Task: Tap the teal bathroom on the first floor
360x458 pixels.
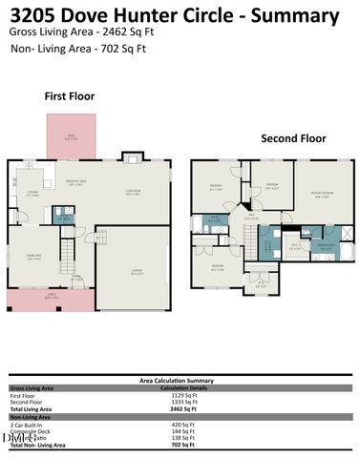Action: pos(64,215)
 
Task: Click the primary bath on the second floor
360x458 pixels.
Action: pos(326,243)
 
